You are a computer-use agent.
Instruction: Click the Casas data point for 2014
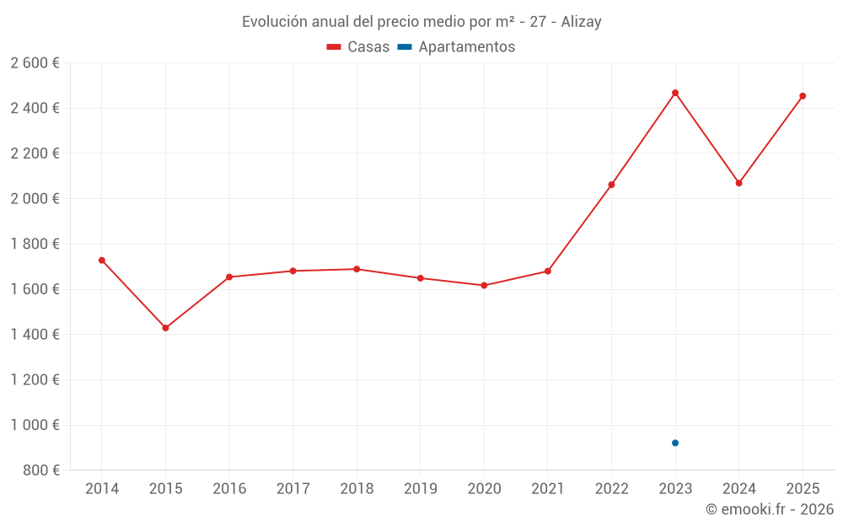pos(102,261)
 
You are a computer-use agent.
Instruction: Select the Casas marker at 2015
pos(165,328)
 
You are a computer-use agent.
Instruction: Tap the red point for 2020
pos(484,285)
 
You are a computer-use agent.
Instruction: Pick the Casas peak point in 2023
pos(675,93)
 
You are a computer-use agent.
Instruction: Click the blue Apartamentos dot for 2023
pos(675,443)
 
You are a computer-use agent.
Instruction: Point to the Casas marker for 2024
pos(739,183)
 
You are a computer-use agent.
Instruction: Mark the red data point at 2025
pos(803,96)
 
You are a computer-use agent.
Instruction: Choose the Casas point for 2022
pos(611,185)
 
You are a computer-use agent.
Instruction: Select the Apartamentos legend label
pos(466,47)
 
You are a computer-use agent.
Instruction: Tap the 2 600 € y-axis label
pos(35,63)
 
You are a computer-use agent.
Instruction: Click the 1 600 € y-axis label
pos(35,289)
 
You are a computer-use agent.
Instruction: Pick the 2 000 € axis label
pos(35,199)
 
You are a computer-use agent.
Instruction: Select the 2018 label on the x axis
pos(357,489)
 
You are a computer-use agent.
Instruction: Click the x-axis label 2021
pos(548,489)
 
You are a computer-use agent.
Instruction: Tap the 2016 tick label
pos(229,489)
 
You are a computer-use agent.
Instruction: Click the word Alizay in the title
pos(581,22)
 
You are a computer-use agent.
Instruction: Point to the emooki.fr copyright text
pos(770,509)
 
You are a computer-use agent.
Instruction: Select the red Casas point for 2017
pos(293,271)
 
